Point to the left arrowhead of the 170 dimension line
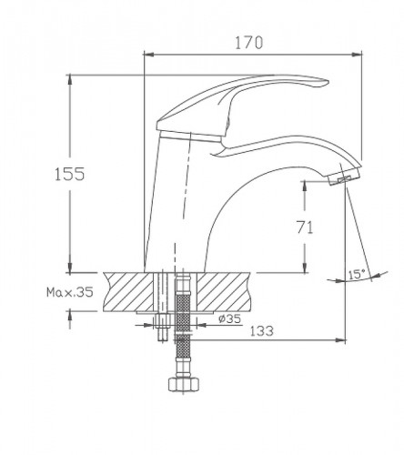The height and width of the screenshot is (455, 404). tap(149, 53)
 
